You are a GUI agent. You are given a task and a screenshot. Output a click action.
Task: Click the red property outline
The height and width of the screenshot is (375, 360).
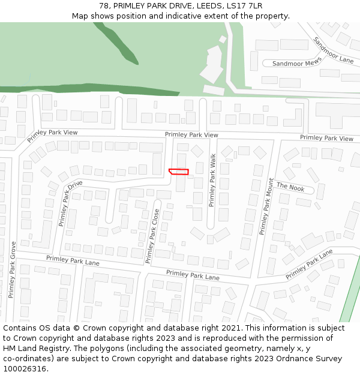point(179,172)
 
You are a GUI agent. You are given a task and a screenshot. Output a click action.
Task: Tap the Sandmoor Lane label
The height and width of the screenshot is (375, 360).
point(333,50)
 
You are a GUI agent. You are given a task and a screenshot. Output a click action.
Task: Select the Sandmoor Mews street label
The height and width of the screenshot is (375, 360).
point(296,63)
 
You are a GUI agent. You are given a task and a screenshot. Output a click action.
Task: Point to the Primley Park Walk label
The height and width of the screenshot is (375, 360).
point(212,180)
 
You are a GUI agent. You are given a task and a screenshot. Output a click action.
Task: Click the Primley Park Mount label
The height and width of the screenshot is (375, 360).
point(266,206)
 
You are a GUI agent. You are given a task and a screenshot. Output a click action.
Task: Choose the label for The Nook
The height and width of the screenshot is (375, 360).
point(290,187)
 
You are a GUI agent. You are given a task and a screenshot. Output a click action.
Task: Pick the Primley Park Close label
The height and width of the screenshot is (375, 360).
point(152,236)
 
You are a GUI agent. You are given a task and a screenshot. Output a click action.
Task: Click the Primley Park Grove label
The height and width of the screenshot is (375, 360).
point(12,269)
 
